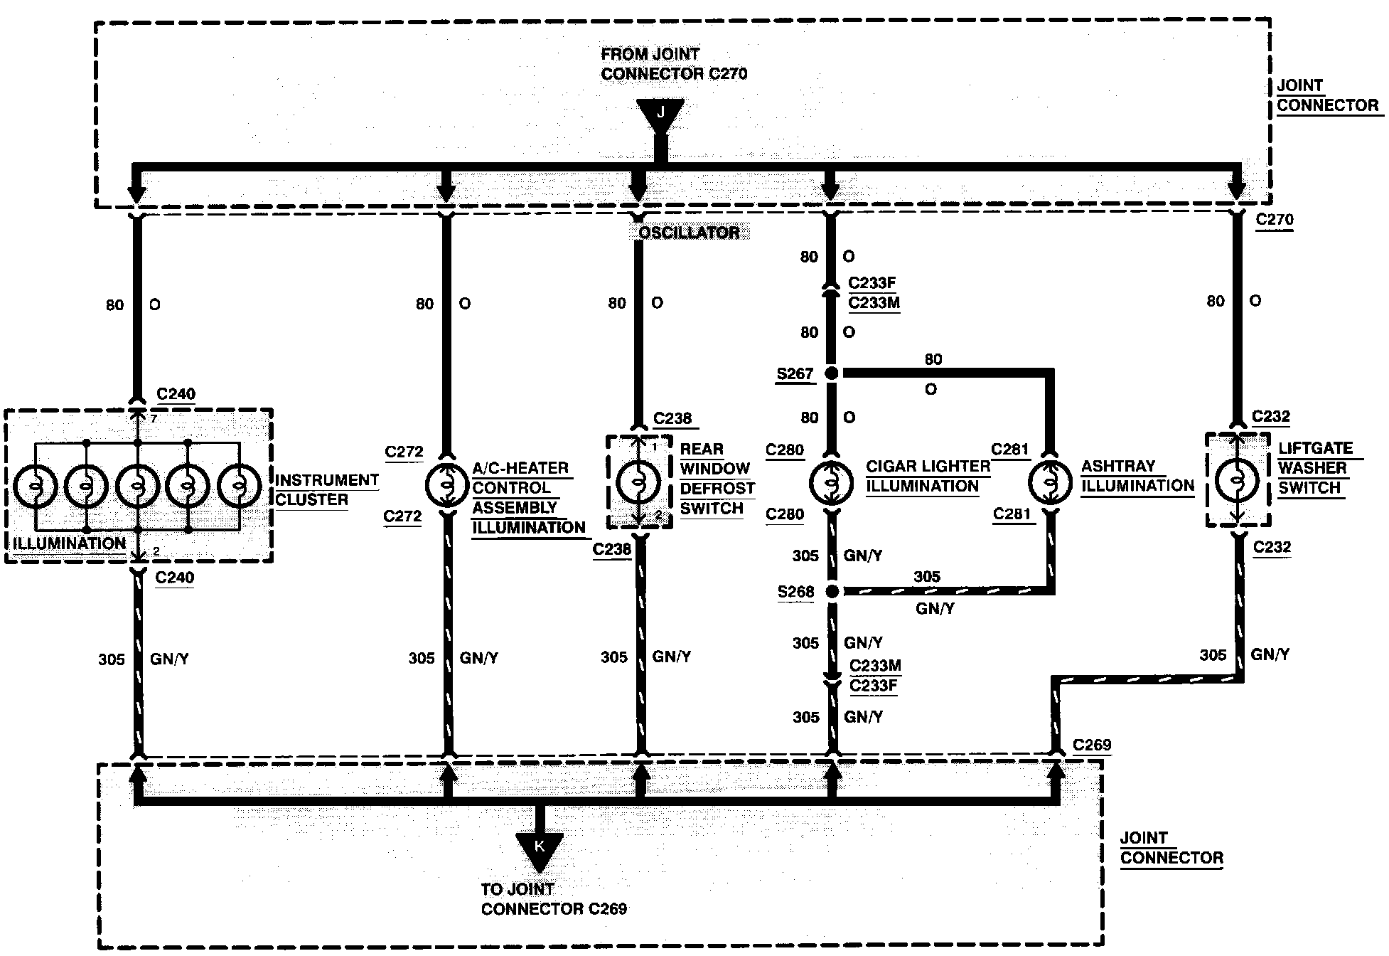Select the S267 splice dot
pyautogui.click(x=831, y=373)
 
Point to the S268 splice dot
pyautogui.click(x=831, y=591)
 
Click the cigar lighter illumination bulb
pyautogui.click(x=831, y=482)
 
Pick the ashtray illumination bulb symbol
pyautogui.click(x=1051, y=482)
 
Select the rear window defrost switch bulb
pyautogui.click(x=638, y=482)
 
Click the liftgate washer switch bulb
pyautogui.click(x=1237, y=480)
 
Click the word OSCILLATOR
pyautogui.click(x=689, y=233)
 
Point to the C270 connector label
pyautogui.click(x=1275, y=219)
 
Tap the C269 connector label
pyautogui.click(x=1092, y=745)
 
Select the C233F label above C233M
pyautogui.click(x=872, y=283)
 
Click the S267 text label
pyautogui.click(x=795, y=373)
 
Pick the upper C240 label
pyautogui.click(x=176, y=394)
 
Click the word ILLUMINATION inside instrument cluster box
pyautogui.click(x=70, y=543)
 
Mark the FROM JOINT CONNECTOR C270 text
pyautogui.click(x=674, y=64)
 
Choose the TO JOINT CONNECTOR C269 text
pyautogui.click(x=554, y=899)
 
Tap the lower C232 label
pyautogui.click(x=1272, y=547)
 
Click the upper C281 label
pyautogui.click(x=1010, y=450)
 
